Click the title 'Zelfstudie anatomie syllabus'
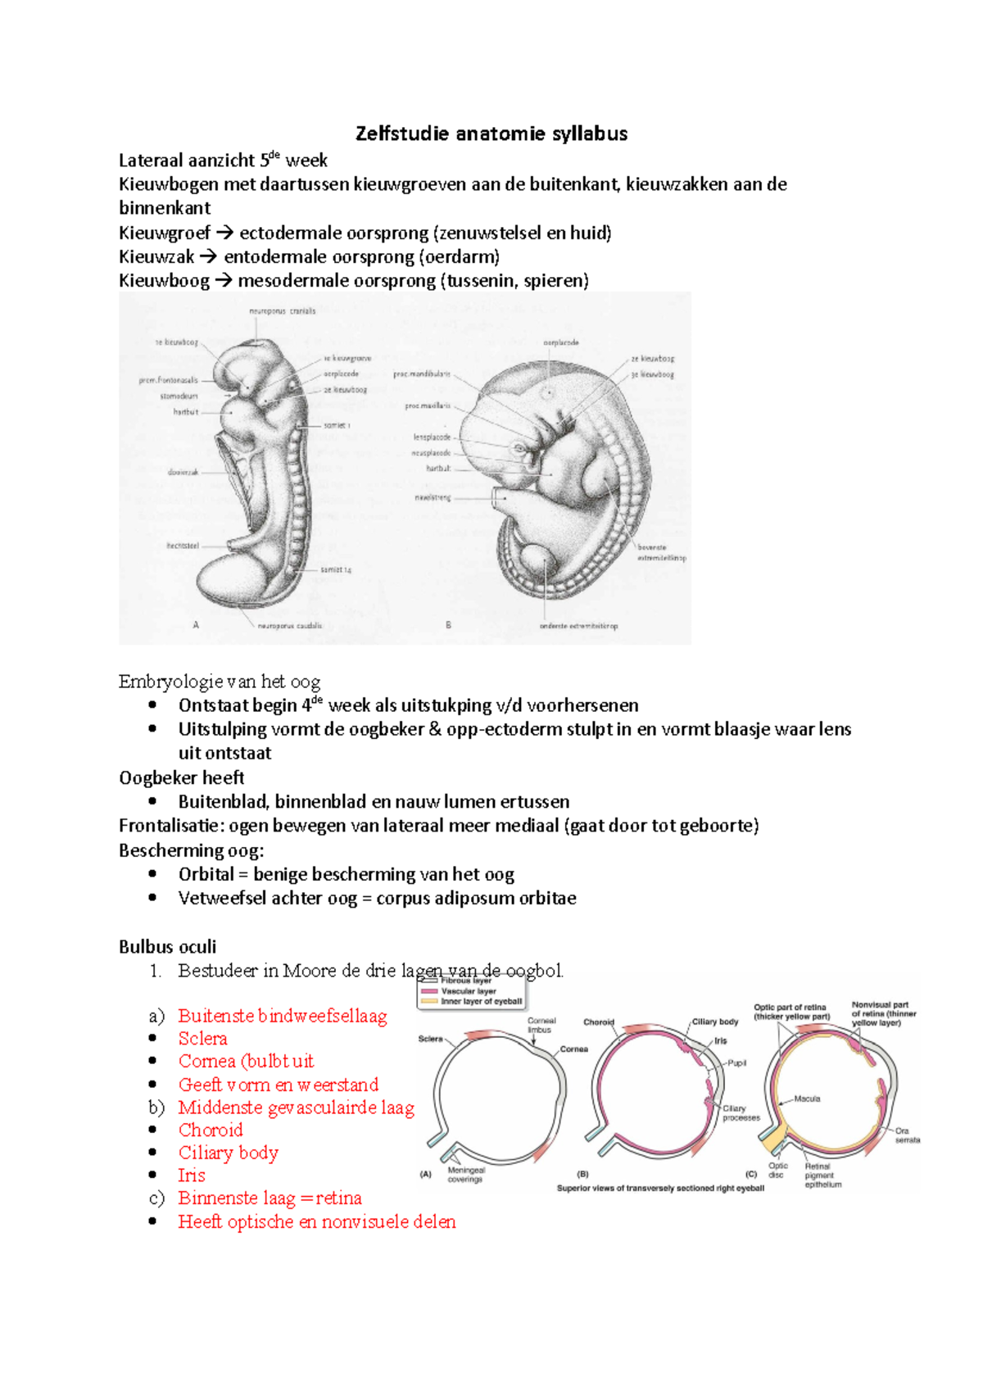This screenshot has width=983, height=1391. pos(491,134)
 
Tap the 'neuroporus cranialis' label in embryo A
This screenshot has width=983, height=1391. pos(282,311)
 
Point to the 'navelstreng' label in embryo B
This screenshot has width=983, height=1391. pos(432,497)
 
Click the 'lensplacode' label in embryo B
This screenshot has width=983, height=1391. pos(431,437)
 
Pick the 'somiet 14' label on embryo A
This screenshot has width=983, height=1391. pos(336,569)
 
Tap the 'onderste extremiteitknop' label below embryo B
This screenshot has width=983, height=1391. pos(578,626)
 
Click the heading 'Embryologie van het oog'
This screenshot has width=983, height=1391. pos(219,682)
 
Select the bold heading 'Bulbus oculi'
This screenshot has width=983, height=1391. pos(167,947)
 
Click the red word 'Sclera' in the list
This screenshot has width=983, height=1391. pos(202,1039)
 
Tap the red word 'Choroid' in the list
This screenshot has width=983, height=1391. pos(211,1130)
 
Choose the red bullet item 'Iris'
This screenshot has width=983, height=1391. pos(192,1176)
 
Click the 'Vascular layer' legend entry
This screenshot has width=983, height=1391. pos(468,991)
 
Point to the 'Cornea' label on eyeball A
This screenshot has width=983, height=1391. pos(573,1049)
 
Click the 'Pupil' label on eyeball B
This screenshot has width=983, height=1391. pos(736,1063)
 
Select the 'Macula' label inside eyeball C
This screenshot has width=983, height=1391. pos(806,1099)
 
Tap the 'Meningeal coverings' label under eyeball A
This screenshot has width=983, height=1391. pos(465,1175)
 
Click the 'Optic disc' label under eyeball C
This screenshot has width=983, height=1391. pos(777,1170)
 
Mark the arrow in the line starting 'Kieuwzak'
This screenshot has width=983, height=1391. pos(208,257)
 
